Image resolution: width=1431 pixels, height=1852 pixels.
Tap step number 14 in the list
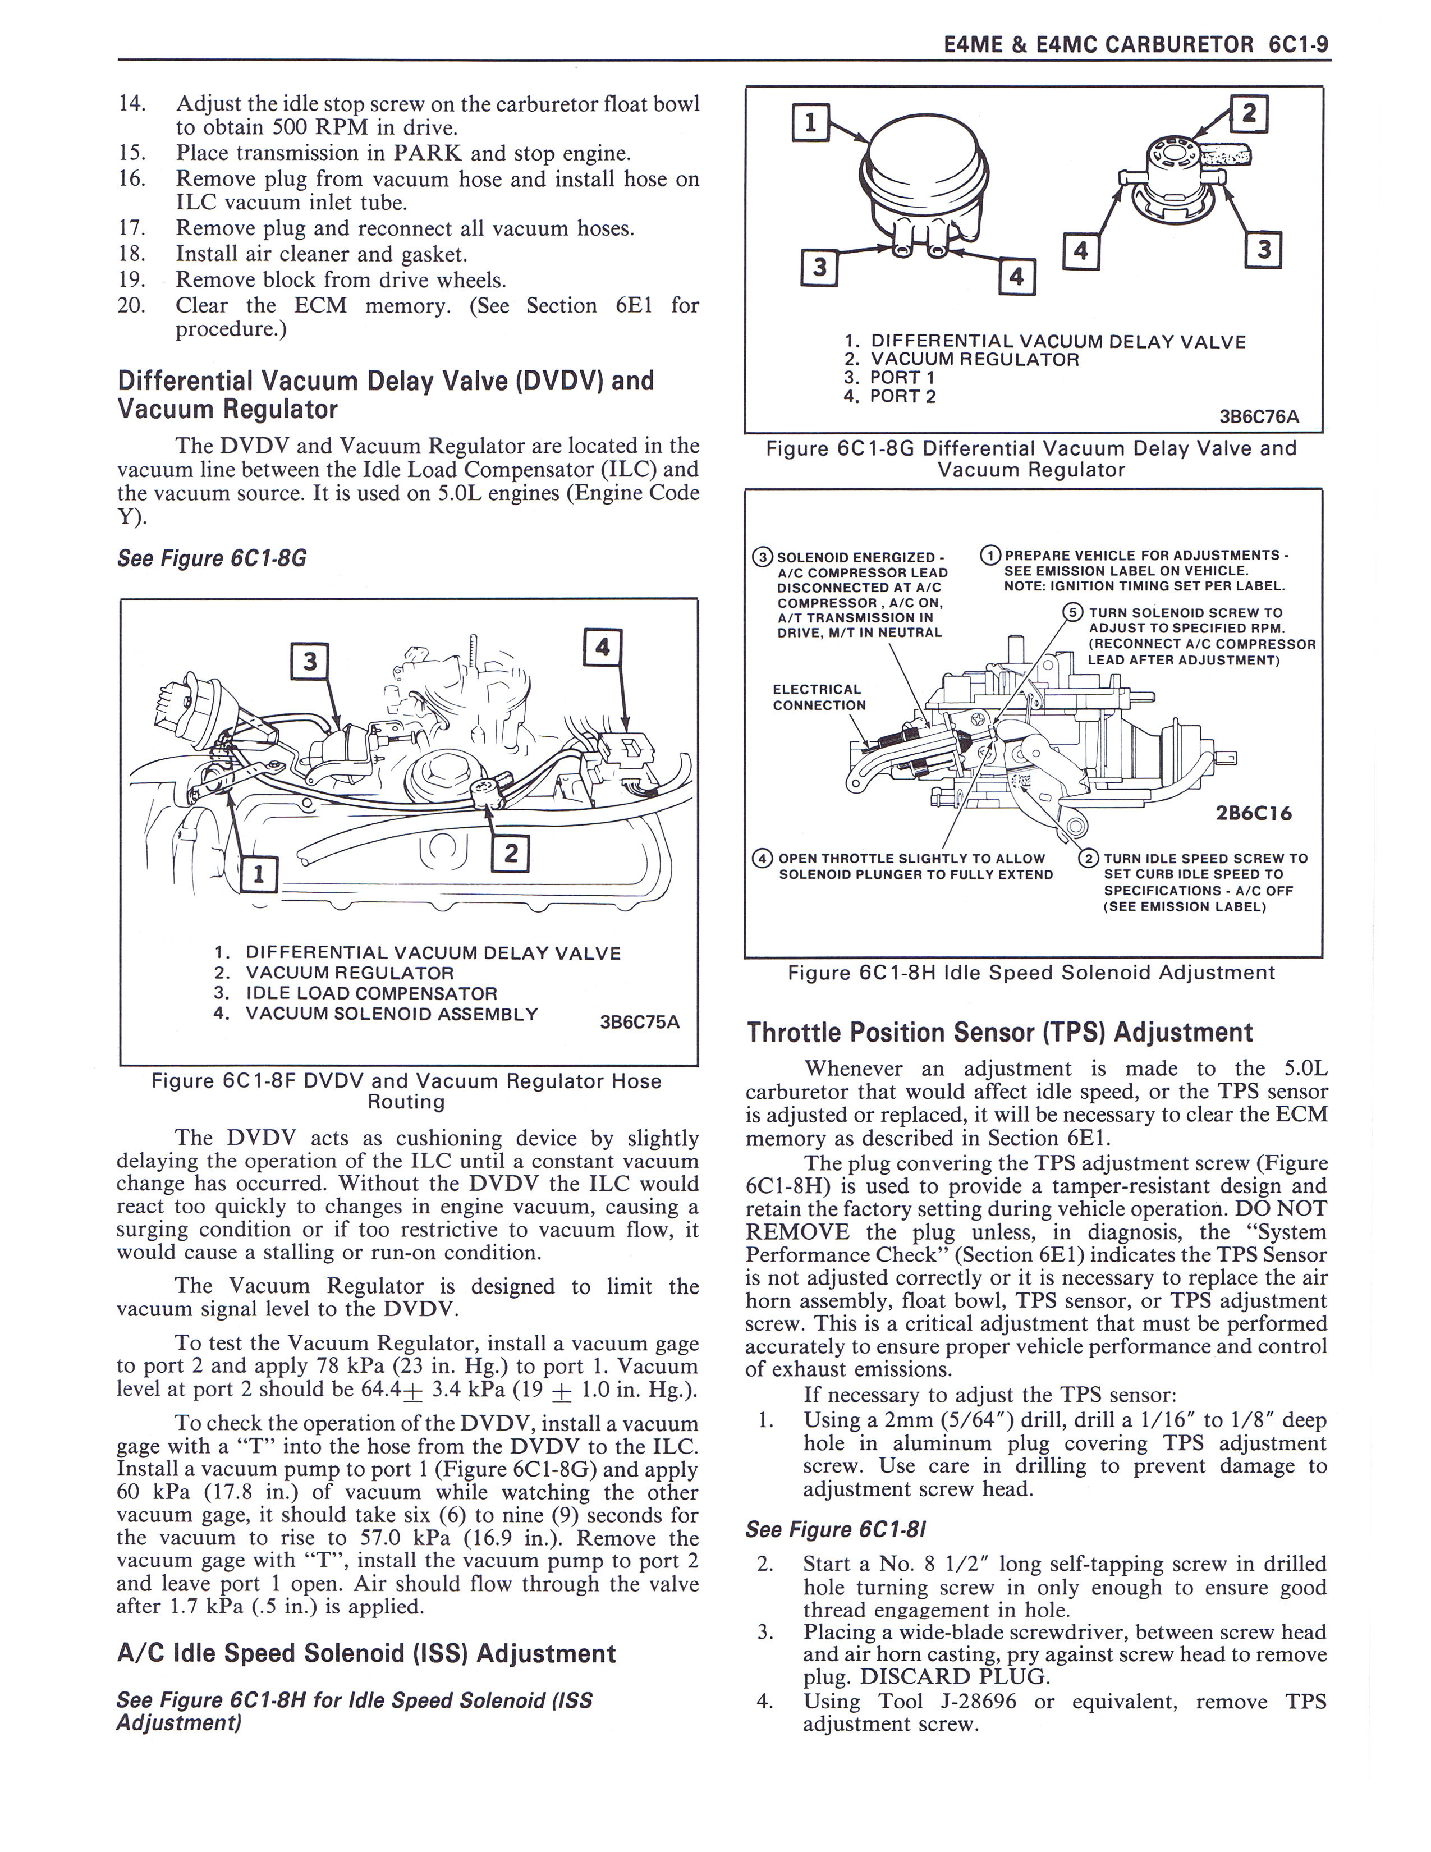[132, 103]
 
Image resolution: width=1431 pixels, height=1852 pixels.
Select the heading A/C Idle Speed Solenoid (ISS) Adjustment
[366, 1653]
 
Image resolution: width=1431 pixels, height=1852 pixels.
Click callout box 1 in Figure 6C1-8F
[259, 873]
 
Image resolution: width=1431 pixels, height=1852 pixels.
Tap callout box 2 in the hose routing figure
[510, 853]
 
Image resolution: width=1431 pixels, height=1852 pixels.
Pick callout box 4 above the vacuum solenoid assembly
[603, 647]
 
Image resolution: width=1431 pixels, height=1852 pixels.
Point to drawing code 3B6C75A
[640, 1022]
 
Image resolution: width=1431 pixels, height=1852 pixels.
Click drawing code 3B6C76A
[1259, 416]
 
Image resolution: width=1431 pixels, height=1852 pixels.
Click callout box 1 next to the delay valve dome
[810, 125]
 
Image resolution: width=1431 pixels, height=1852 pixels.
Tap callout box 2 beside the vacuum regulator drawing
[1248, 113]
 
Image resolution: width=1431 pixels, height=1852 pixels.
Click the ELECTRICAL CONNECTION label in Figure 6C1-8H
[819, 697]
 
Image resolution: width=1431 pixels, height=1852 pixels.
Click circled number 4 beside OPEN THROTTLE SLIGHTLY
[762, 858]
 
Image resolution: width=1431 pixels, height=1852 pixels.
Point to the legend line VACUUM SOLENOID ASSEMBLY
[392, 1014]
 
